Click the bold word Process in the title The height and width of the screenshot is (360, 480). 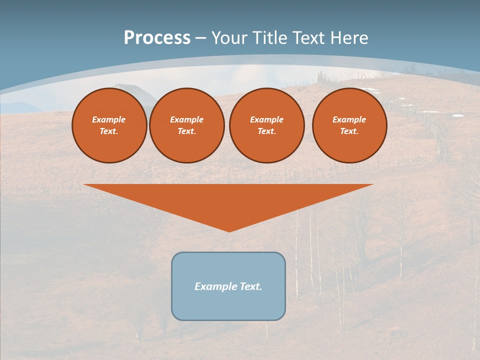[x=157, y=38]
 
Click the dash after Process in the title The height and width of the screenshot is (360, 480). [x=201, y=38]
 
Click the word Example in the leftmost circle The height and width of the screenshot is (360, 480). [x=109, y=119]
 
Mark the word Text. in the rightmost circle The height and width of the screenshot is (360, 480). [x=349, y=131]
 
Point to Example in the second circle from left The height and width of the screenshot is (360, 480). [x=187, y=119]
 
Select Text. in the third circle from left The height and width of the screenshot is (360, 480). [x=267, y=131]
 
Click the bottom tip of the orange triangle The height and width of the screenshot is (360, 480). [x=229, y=230]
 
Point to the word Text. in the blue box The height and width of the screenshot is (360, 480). [x=250, y=286]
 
